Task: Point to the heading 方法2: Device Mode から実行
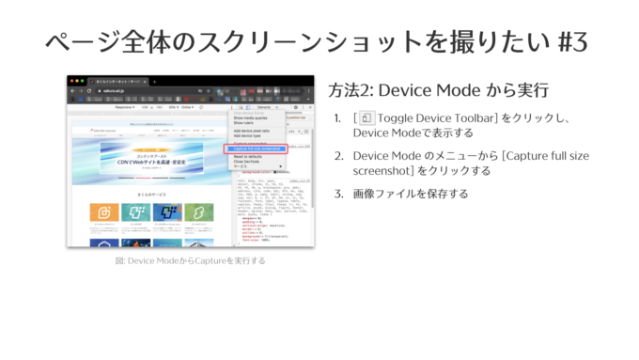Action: [438, 91]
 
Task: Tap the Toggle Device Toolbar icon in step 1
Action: [366, 118]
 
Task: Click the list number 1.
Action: [337, 118]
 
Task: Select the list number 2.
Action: [337, 155]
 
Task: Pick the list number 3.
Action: [337, 194]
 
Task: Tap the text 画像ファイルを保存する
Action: [411, 194]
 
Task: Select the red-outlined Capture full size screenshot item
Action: [255, 149]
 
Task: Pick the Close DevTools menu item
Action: [246, 162]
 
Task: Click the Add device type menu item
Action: [247, 135]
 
